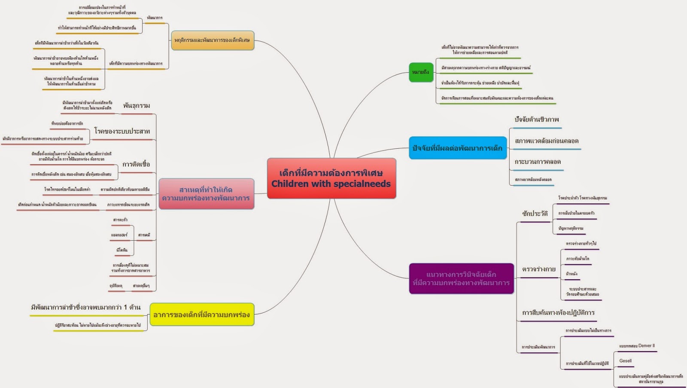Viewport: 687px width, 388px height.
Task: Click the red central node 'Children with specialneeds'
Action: (x=331, y=178)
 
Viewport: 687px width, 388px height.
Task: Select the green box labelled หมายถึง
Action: (x=421, y=72)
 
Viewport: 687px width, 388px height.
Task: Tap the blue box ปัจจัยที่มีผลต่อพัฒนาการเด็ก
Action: (x=458, y=148)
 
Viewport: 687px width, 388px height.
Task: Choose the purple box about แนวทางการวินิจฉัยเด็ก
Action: (x=461, y=278)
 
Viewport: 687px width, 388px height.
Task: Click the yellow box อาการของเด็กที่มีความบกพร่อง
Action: (x=202, y=315)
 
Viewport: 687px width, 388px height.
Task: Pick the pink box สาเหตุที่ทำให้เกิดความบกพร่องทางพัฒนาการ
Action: (x=206, y=194)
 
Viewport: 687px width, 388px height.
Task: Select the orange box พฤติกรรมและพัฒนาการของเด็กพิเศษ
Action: (x=212, y=40)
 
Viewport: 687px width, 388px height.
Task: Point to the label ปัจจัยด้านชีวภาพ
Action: (x=537, y=119)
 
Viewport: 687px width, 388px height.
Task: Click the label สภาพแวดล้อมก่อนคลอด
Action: (x=547, y=141)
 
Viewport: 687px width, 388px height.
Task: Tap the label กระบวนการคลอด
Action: (x=538, y=162)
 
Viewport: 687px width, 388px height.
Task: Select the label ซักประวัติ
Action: (x=535, y=214)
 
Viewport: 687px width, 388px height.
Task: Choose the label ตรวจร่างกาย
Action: (x=538, y=269)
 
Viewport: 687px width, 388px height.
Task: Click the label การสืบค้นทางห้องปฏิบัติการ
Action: (x=558, y=313)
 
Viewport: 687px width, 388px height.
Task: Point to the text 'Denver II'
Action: (x=646, y=345)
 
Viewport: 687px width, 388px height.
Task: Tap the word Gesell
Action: (x=626, y=361)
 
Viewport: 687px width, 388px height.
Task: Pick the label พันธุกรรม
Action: (x=137, y=106)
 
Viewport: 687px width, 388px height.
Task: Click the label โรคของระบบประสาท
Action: (x=122, y=131)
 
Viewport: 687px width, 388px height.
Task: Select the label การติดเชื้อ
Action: (x=136, y=164)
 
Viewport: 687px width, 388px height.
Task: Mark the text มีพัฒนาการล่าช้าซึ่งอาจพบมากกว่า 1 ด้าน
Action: (x=86, y=307)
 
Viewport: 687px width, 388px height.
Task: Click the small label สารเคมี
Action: (x=144, y=235)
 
